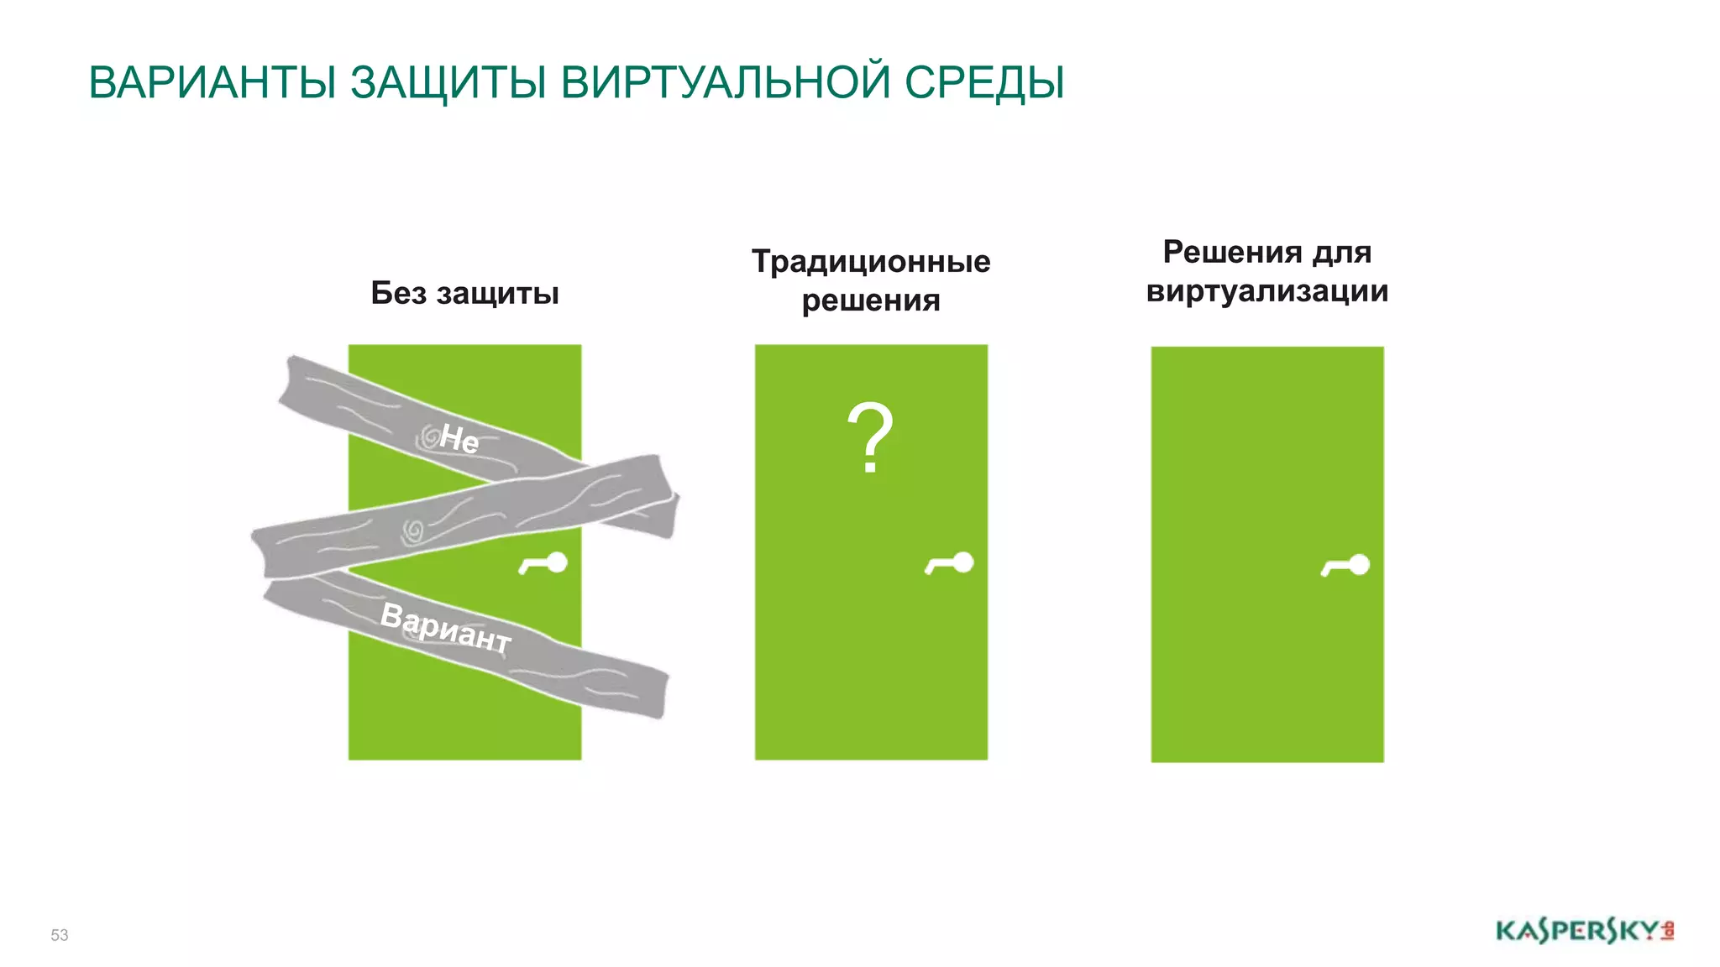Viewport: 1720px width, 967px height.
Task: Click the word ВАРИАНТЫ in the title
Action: click(212, 83)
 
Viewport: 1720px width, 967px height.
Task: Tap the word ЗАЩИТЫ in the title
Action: click(448, 83)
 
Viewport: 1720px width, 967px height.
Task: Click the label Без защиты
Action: click(464, 293)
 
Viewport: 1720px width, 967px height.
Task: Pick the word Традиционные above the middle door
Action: click(871, 261)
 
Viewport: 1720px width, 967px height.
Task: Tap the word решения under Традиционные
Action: click(871, 301)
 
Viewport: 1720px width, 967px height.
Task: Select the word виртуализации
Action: click(1266, 291)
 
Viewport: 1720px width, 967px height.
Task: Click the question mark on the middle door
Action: click(870, 438)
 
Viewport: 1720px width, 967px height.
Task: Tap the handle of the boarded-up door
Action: click(544, 564)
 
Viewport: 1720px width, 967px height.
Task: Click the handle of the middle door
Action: click(950, 564)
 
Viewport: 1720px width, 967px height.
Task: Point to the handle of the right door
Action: click(1346, 567)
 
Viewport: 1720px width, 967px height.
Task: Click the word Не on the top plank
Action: click(459, 438)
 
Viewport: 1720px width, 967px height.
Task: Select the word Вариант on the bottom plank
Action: click(445, 627)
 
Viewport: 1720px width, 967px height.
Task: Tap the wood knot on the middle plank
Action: click(413, 531)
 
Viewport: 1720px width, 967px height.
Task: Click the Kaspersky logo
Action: click(1584, 931)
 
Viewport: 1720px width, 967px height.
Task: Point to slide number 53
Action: click(60, 935)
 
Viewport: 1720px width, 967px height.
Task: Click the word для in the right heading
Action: click(1342, 252)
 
